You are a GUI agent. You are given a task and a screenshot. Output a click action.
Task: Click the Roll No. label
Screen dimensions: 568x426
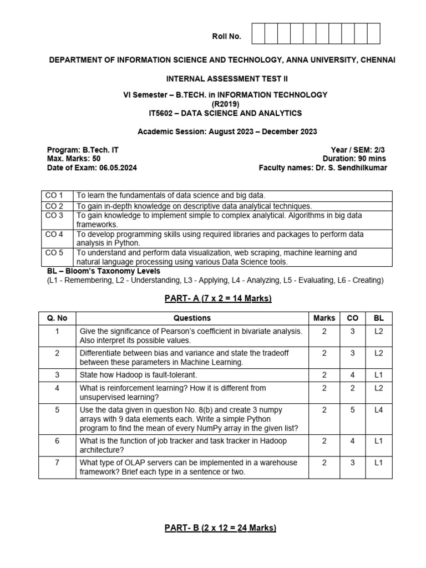click(226, 37)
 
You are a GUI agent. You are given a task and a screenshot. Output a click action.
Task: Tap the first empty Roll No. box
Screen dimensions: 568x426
click(258, 34)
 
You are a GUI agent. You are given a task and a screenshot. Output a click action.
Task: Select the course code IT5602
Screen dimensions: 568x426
click(162, 113)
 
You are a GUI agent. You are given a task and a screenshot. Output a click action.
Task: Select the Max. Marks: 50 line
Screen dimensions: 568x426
click(70, 159)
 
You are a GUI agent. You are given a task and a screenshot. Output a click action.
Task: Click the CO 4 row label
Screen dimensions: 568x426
click(54, 234)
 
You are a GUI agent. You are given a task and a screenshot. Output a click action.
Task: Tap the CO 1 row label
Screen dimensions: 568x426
click(54, 195)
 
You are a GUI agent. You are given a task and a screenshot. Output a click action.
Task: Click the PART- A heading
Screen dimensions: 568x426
click(217, 298)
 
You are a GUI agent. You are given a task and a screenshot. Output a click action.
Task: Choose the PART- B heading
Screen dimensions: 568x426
click(220, 528)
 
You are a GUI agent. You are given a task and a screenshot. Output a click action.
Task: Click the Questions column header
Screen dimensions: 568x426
click(192, 318)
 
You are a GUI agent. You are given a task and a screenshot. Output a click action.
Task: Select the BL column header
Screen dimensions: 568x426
click(378, 318)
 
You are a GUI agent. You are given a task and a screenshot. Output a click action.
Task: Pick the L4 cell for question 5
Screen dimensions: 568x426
click(378, 410)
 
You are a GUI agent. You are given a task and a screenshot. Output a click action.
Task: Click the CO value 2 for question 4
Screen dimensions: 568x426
click(352, 388)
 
